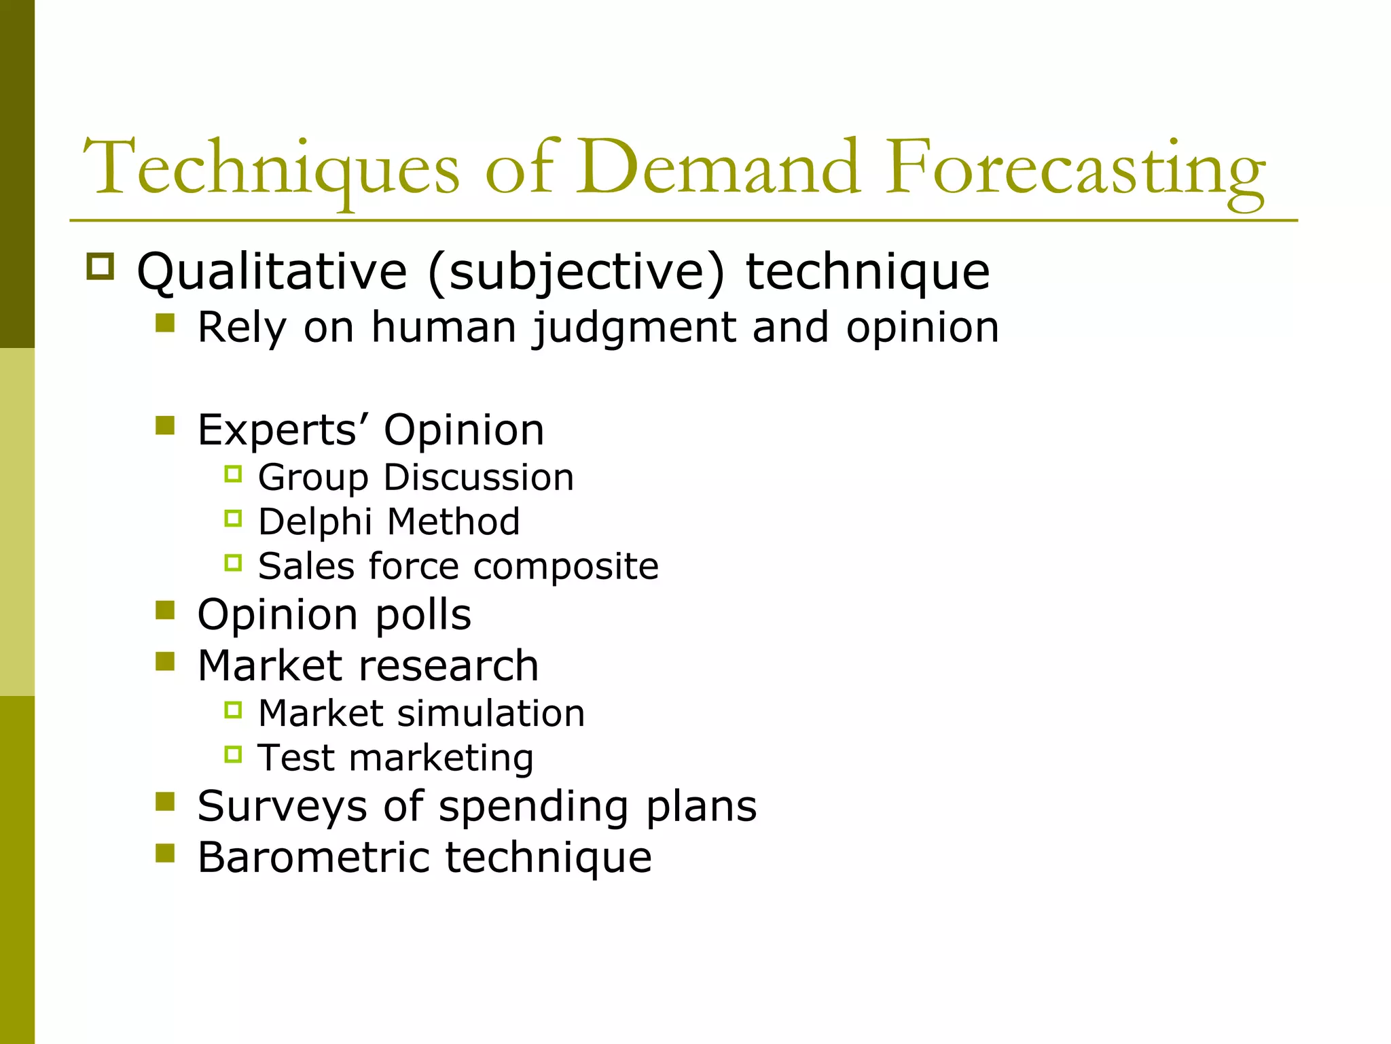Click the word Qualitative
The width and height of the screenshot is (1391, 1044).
(272, 273)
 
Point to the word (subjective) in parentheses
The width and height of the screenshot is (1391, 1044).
(576, 273)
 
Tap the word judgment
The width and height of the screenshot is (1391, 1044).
(633, 328)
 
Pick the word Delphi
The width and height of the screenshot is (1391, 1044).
(314, 523)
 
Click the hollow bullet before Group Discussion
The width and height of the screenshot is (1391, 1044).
(233, 474)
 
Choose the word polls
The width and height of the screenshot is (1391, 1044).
(423, 615)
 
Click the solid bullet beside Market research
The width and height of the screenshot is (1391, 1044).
(165, 661)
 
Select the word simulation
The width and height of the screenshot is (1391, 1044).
(490, 714)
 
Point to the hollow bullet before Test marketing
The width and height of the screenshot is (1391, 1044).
(233, 754)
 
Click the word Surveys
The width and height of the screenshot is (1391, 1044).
(282, 807)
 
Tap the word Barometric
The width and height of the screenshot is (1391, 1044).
(313, 857)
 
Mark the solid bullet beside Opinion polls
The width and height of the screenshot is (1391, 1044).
(165, 610)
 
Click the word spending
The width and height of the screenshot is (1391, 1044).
(533, 807)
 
